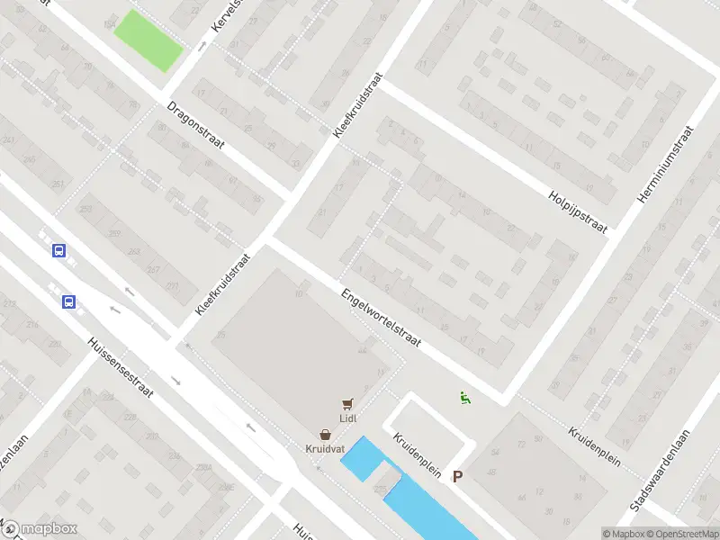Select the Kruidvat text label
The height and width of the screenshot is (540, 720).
323,447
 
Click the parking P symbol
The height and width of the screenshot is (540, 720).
457,476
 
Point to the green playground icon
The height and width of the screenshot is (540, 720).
464,397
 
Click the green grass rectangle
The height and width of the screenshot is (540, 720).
148,40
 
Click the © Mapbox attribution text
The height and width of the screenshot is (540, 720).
623,533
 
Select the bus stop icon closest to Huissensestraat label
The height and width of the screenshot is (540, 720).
68,302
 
